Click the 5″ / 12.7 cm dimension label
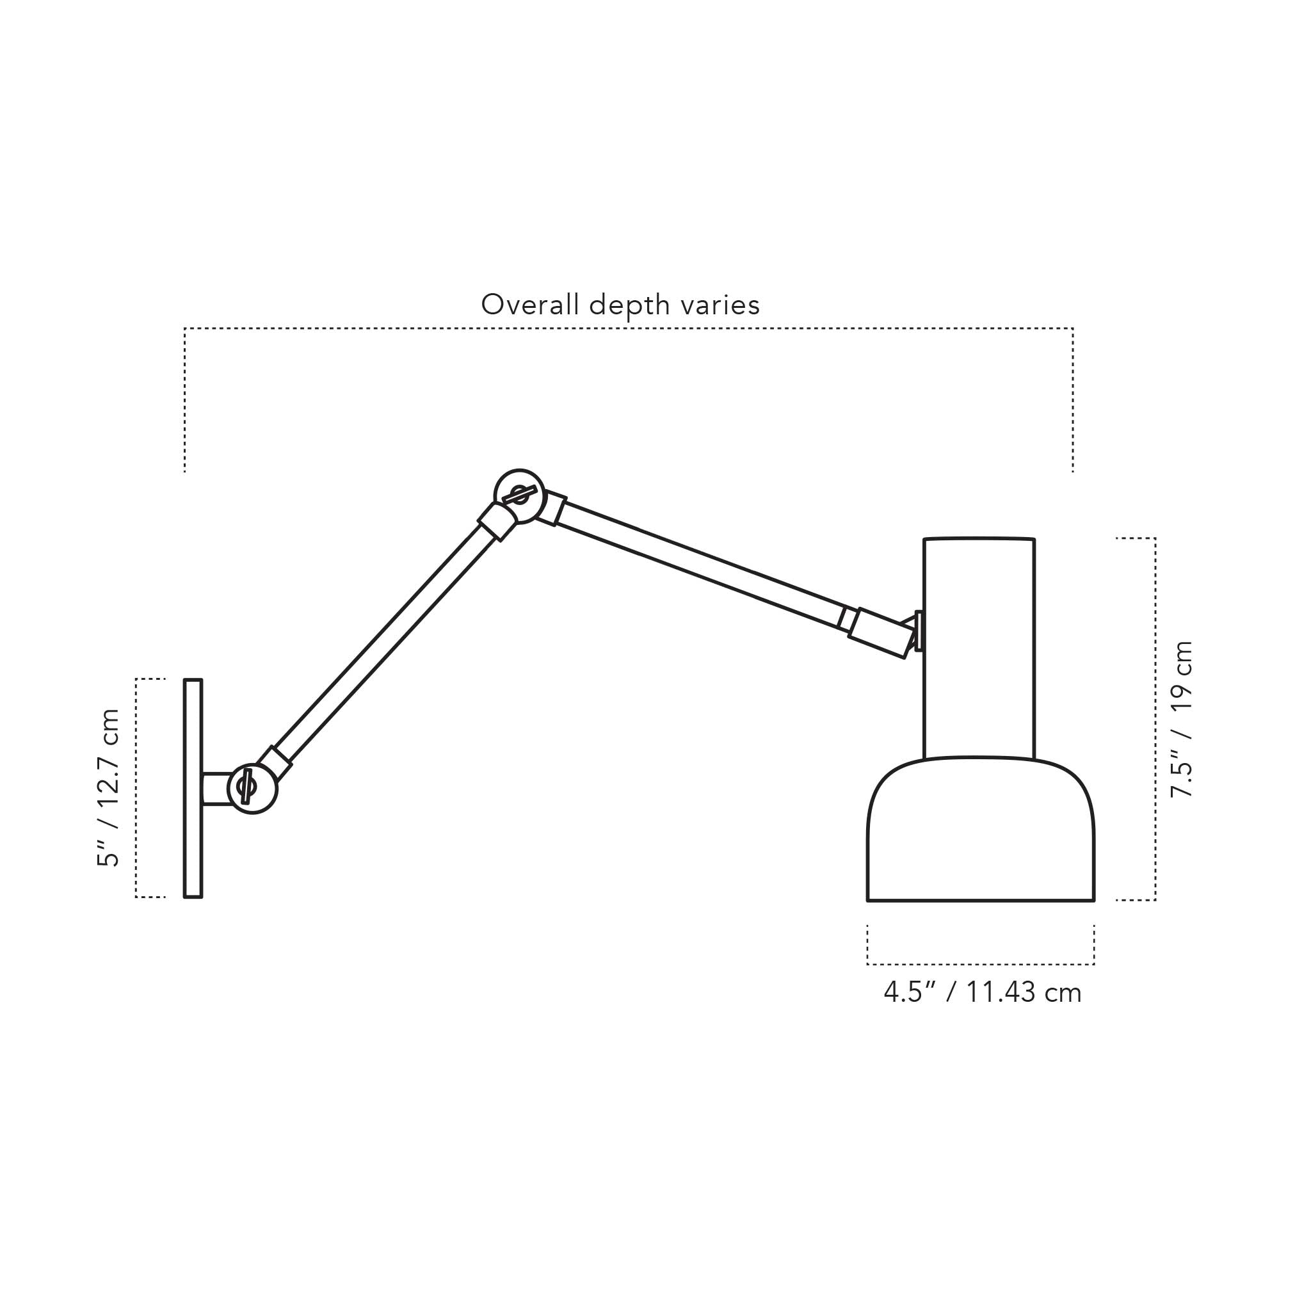coord(109,788)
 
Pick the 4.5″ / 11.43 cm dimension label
coord(982,993)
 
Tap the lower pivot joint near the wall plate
coord(252,789)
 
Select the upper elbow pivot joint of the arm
coord(520,495)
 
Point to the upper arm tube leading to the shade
coord(699,564)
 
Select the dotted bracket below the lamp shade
coord(981,963)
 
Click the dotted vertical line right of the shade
coord(1155,720)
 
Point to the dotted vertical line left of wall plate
coord(136,788)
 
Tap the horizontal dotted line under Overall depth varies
coord(628,328)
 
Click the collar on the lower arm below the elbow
coord(497,521)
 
